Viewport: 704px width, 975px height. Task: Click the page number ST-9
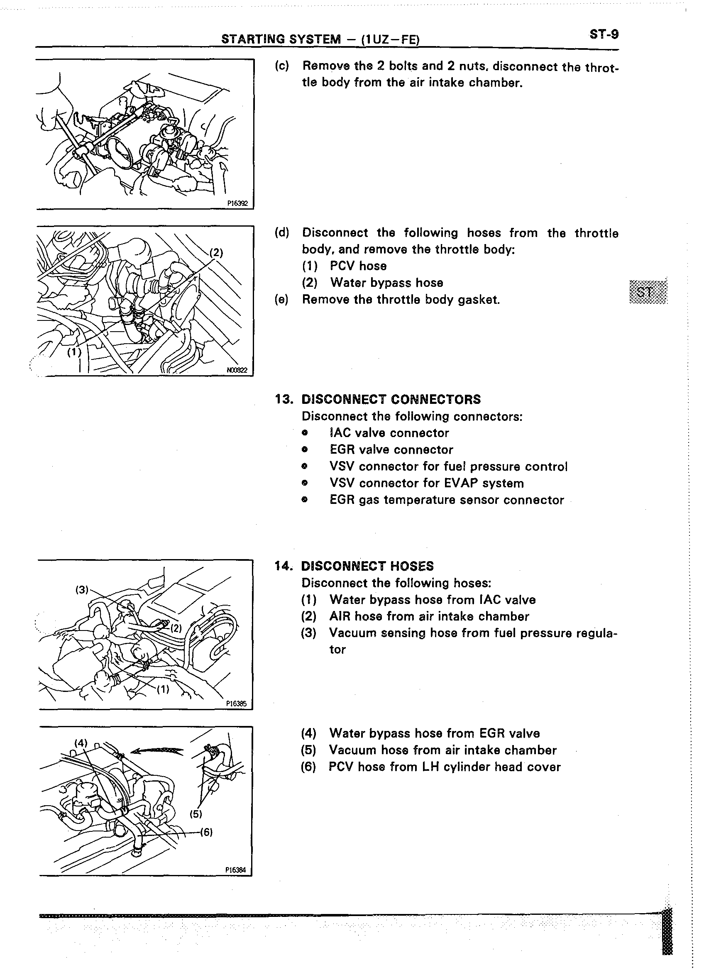(x=604, y=34)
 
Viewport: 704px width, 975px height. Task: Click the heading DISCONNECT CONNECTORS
(x=391, y=399)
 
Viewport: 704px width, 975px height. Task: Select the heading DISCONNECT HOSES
(x=367, y=566)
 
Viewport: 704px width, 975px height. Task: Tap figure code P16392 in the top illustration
(x=238, y=204)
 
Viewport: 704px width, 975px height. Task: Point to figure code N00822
(x=237, y=370)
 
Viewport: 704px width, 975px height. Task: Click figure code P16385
(x=236, y=704)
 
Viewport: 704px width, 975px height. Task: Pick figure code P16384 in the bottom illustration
(x=236, y=870)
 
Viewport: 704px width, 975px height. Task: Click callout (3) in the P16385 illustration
(x=82, y=590)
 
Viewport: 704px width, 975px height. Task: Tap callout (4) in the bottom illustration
(x=81, y=743)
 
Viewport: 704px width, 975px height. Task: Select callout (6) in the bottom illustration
(x=206, y=832)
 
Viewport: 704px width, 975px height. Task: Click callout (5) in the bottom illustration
(x=196, y=814)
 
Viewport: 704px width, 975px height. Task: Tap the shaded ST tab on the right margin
(x=648, y=292)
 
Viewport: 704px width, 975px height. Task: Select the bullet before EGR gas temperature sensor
(x=305, y=500)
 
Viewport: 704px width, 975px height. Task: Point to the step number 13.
(x=283, y=399)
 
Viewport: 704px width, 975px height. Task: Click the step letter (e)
(x=281, y=299)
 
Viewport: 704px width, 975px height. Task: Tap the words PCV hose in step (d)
(x=358, y=266)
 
